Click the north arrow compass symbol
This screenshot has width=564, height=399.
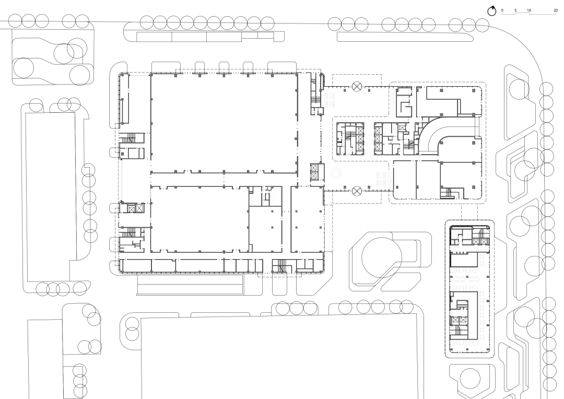click(491, 11)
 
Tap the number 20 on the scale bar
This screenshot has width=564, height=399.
click(556, 10)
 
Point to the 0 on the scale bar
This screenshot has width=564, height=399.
click(502, 10)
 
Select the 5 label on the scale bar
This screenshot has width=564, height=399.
click(515, 10)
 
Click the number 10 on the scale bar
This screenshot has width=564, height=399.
click(528, 10)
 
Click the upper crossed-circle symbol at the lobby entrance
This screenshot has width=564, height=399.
click(357, 86)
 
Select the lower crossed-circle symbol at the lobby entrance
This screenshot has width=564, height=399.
click(357, 191)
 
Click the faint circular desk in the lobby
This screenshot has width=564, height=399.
click(336, 173)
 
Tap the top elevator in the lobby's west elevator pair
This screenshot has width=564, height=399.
click(314, 168)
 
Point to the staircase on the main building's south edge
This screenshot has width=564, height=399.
click(279, 266)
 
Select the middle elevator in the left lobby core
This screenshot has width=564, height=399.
click(360, 139)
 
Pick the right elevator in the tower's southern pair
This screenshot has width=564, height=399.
click(463, 320)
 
